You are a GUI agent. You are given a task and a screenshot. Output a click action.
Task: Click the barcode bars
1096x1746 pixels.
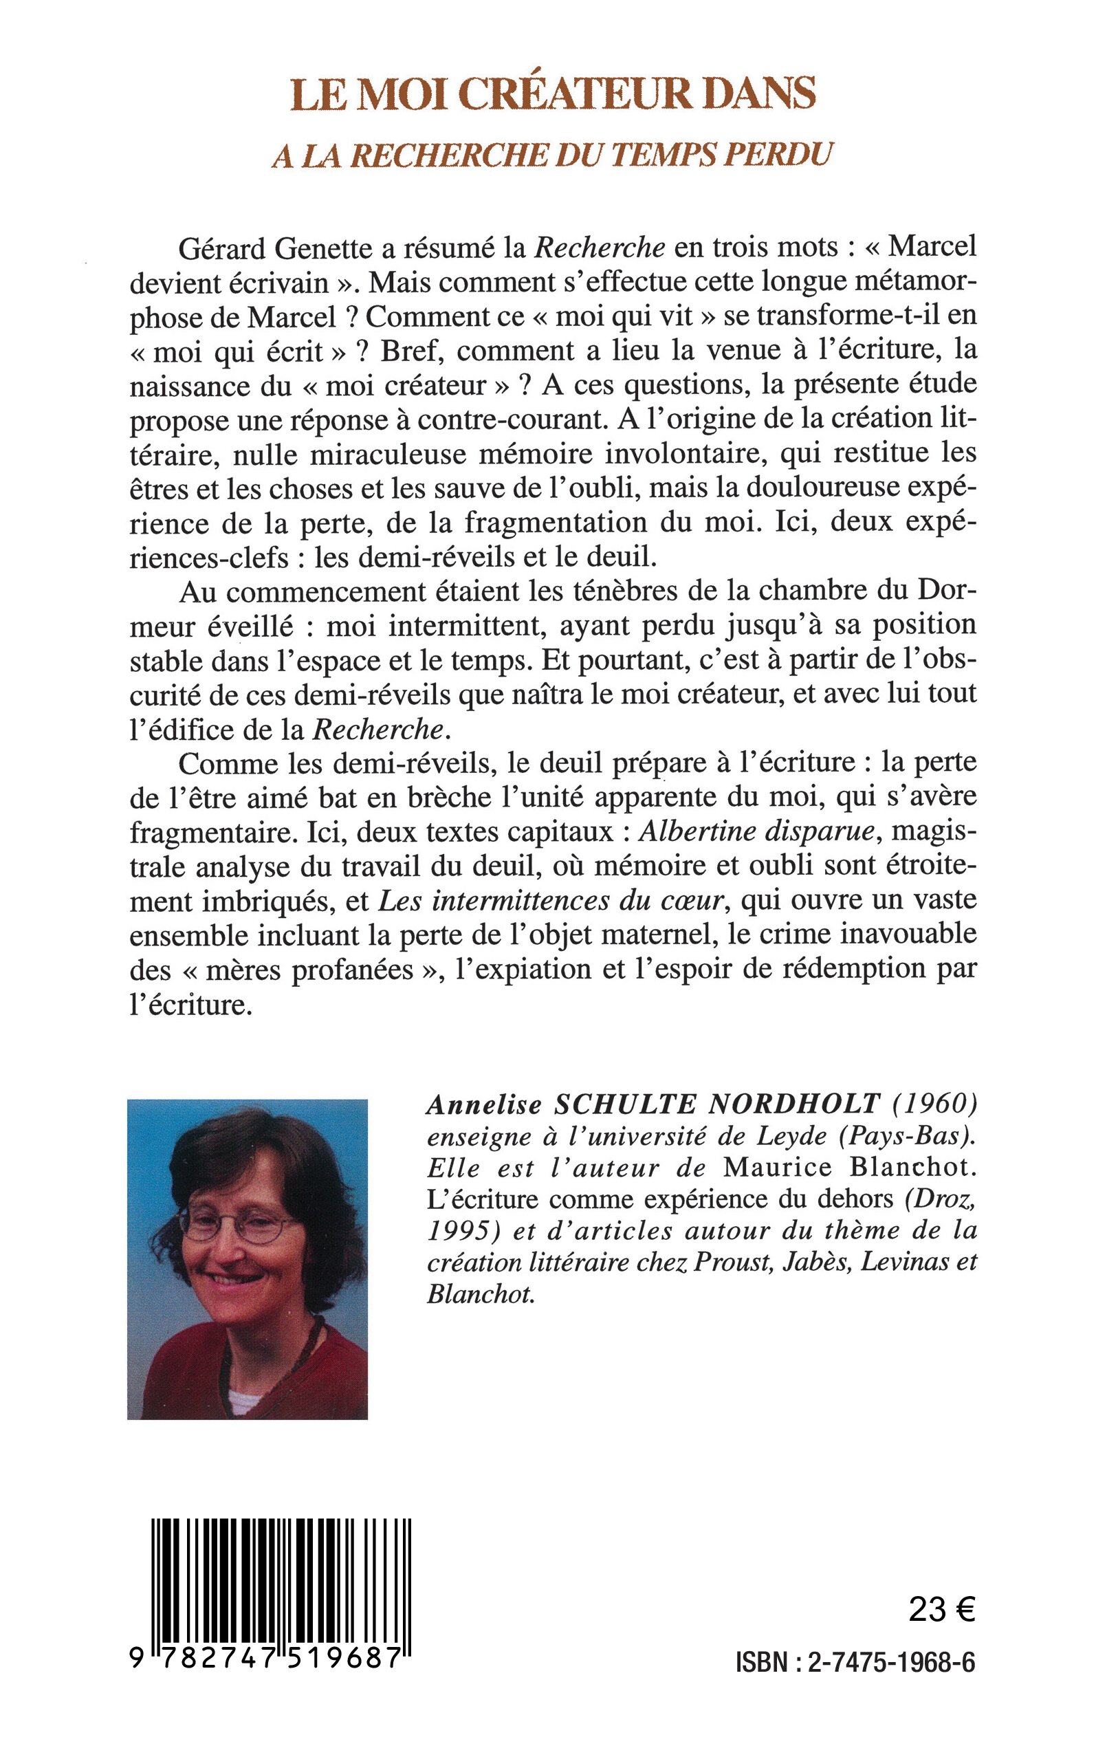[281, 1573]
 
